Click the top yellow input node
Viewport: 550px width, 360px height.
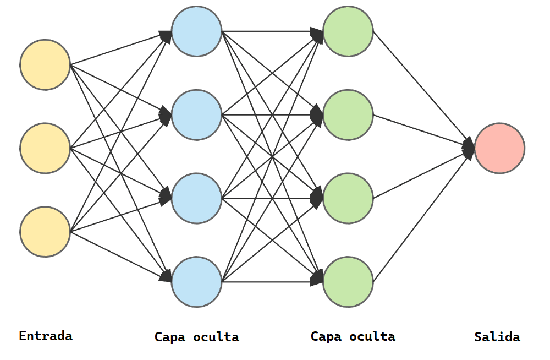coord(45,64)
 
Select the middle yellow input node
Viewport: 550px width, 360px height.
coord(45,148)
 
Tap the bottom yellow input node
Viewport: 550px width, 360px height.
coord(45,232)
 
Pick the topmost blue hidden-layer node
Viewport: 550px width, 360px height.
coord(196,31)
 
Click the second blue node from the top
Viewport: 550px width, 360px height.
coord(196,115)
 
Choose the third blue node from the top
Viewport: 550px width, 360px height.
coord(196,198)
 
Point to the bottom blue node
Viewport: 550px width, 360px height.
coord(196,282)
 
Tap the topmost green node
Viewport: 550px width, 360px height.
coord(348,31)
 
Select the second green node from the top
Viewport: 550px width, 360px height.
coord(348,115)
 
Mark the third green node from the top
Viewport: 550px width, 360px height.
coord(348,198)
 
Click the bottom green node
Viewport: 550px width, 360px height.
coord(348,282)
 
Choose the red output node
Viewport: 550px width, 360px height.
coord(499,148)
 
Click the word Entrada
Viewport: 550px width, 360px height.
coord(46,336)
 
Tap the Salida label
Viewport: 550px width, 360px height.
coord(497,337)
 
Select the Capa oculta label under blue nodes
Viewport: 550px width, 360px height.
coord(197,337)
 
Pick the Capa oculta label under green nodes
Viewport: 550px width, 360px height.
coord(353,336)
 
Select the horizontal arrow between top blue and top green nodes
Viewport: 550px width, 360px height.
coord(273,31)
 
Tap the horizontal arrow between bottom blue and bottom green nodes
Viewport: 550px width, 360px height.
coord(273,282)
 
